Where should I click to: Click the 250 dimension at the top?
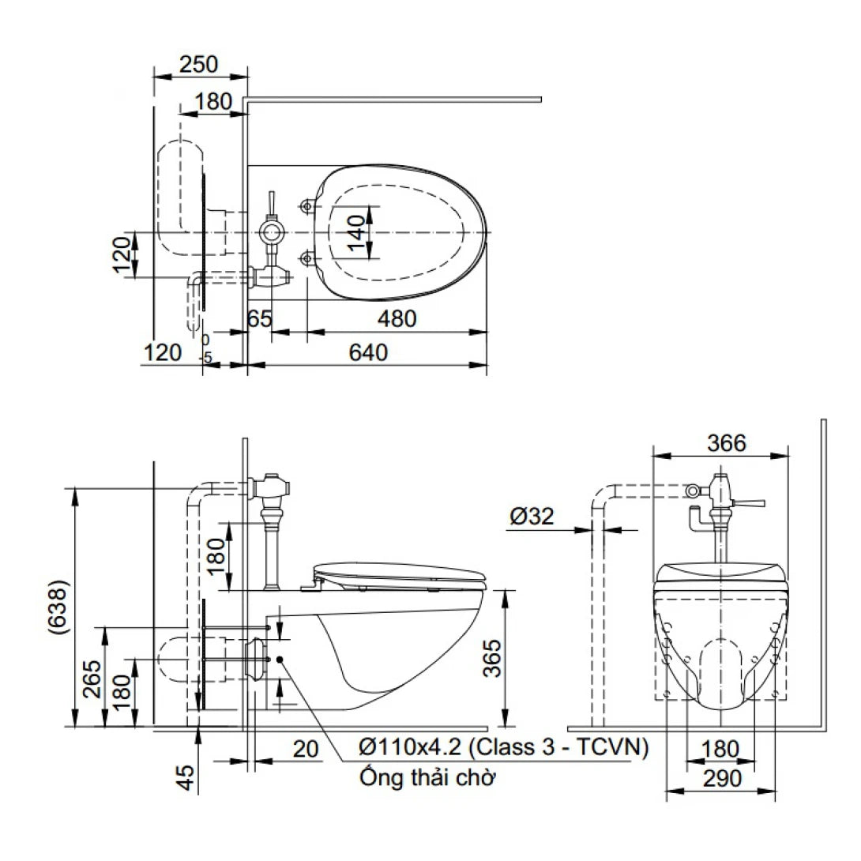(x=198, y=64)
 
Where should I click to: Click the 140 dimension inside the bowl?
(x=357, y=234)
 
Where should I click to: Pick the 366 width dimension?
(x=726, y=443)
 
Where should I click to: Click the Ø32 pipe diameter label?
(x=532, y=517)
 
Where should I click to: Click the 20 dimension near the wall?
(x=306, y=748)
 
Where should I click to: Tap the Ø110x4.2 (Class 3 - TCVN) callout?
(x=503, y=746)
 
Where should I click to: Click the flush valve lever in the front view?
(x=750, y=502)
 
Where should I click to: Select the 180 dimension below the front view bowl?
(x=720, y=748)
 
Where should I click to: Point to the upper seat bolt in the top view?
(x=306, y=207)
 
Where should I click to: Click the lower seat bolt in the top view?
(x=306, y=256)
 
